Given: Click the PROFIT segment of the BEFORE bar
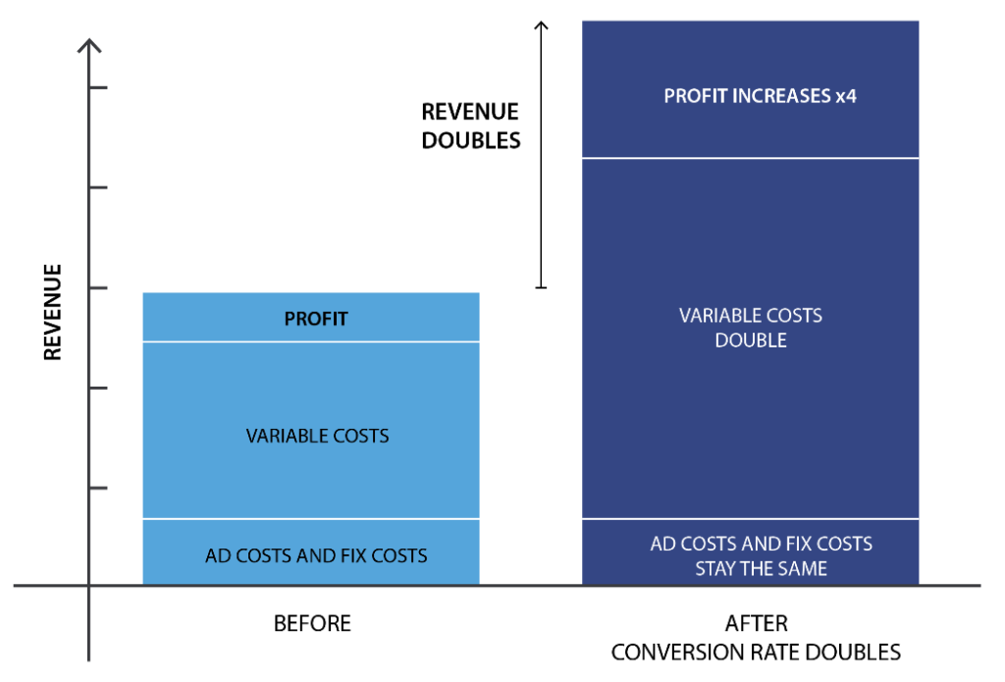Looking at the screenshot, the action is click(x=311, y=317).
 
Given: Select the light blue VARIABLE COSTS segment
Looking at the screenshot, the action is click(x=311, y=430).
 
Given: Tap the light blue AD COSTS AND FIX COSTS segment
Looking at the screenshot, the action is click(x=311, y=551).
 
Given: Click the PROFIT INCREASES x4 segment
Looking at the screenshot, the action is click(x=750, y=88).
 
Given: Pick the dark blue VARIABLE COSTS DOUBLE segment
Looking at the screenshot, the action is click(x=750, y=339).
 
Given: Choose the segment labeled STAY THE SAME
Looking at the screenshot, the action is click(x=750, y=551).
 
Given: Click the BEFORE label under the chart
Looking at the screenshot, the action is click(x=312, y=623).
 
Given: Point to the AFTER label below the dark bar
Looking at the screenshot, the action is click(x=757, y=623).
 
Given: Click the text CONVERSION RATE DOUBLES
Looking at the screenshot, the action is click(x=756, y=652).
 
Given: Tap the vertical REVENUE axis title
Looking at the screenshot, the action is click(x=53, y=312).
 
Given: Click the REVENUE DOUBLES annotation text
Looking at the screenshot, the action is click(x=470, y=126).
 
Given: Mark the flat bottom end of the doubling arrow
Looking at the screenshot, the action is click(x=541, y=288).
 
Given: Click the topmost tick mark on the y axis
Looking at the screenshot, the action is click(x=98, y=87).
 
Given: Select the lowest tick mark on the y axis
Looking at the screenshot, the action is click(x=98, y=488).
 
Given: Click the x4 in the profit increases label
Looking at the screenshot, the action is click(x=845, y=96).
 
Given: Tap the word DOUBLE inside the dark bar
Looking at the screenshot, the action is click(x=751, y=340).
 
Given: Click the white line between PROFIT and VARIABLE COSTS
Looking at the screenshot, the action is click(x=311, y=341).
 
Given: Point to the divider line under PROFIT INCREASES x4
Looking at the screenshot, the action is click(x=750, y=158).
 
